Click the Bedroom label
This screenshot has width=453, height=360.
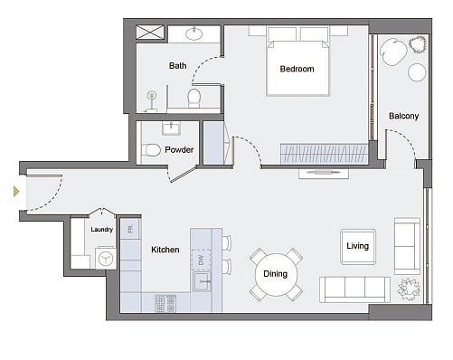pos(297,69)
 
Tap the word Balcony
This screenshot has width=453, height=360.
pos(403,116)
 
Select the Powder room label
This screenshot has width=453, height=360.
pos(179,150)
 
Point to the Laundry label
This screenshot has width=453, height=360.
pos(102,230)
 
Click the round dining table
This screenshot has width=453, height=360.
pos(276,274)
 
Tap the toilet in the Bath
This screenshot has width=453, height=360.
pos(193,99)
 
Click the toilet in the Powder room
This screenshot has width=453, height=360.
pos(150,150)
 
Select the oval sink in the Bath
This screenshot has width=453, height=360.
pos(193,33)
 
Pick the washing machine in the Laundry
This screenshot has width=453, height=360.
pos(106,258)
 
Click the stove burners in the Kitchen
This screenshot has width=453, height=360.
pos(165,303)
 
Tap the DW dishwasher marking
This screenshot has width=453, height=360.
pos(201,260)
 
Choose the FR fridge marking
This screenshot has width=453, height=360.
pos(130,230)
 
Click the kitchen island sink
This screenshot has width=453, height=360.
pos(203,281)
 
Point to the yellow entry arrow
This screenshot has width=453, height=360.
pos(16,192)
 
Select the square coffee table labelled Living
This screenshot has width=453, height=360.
pos(358,247)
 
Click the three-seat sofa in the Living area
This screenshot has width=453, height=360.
pos(354,289)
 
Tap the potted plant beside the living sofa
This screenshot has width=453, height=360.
pos(409,289)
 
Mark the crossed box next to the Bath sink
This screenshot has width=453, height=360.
pos(150,33)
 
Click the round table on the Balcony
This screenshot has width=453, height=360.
pos(417,72)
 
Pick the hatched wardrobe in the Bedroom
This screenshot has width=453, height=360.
pos(325,154)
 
